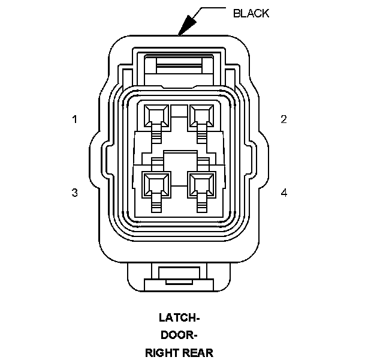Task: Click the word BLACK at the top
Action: point(251,13)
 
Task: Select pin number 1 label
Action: point(75,119)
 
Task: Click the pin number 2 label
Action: point(283,119)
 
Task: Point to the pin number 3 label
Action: point(75,193)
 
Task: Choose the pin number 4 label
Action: point(284,193)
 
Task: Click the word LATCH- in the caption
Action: point(179,317)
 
